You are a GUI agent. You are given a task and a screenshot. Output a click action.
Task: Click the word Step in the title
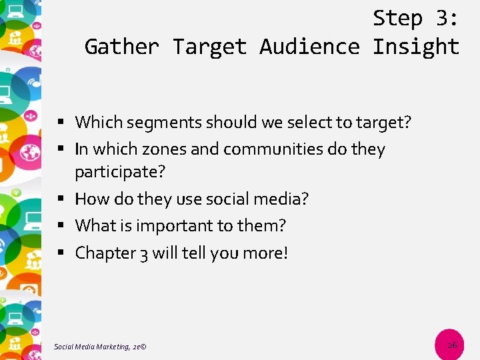397,19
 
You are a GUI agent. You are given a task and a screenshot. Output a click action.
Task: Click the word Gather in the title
121,47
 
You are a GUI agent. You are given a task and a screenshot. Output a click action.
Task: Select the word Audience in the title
309,47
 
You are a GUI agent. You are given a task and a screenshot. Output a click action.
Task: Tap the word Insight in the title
416,47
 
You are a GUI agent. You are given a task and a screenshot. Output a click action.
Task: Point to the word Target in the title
209,47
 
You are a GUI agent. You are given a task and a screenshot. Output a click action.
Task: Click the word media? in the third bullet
285,199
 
